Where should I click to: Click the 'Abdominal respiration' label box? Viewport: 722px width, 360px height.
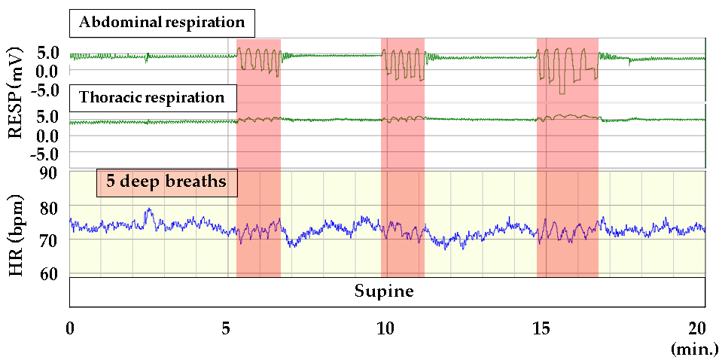click(x=162, y=23)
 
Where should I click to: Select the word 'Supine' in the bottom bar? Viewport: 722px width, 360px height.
click(x=384, y=291)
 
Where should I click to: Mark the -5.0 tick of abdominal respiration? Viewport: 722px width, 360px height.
click(x=44, y=89)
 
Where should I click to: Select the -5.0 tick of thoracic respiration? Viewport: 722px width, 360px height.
click(x=44, y=154)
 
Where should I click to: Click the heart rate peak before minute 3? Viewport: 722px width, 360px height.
click(x=149, y=209)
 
